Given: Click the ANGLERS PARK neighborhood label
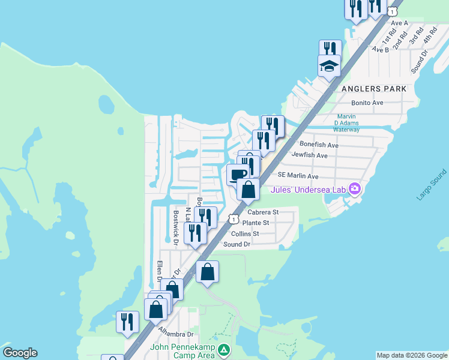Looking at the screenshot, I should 373,89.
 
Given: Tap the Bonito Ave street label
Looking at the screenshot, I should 367,103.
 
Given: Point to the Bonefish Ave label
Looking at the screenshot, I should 319,145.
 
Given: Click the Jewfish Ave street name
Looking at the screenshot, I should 309,155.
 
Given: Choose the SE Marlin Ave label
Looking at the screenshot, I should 298,176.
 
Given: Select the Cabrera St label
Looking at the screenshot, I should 263,212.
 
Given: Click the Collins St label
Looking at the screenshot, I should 245,233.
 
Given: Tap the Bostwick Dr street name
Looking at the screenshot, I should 176,228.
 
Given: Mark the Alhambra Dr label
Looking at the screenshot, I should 175,331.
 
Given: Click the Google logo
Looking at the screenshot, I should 20,353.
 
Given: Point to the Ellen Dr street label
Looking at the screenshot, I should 160,271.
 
